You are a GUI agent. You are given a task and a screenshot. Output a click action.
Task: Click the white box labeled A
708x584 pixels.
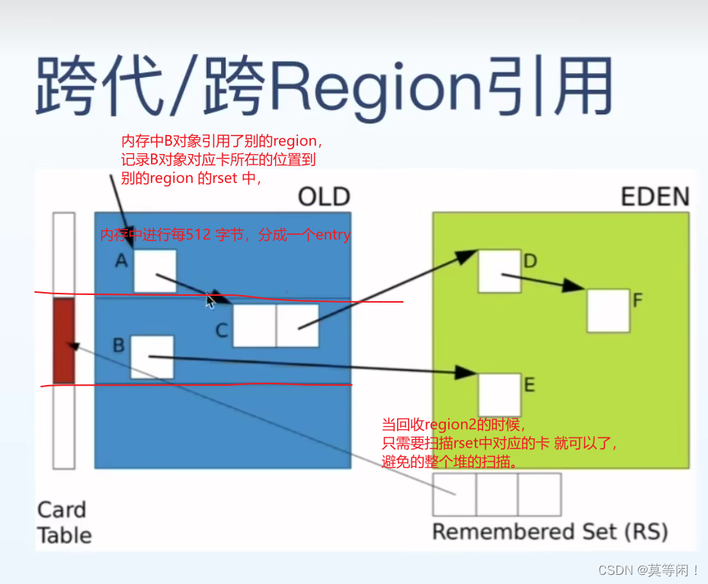(155, 271)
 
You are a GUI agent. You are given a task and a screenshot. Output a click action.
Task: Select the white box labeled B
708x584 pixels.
(152, 357)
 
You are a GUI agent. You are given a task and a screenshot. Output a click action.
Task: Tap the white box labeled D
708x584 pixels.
(499, 271)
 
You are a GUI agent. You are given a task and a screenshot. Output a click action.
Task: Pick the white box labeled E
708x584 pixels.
(499, 394)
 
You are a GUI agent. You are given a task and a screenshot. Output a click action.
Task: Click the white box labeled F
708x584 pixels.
(608, 310)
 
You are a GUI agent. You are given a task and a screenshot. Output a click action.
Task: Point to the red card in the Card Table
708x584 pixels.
(63, 341)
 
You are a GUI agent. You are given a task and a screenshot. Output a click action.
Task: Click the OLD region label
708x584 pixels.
(323, 197)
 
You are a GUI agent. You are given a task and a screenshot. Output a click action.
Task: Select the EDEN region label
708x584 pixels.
(655, 197)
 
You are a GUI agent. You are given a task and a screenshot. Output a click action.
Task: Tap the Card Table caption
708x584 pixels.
(64, 522)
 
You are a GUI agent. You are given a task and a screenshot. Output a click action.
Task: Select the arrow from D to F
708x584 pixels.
(543, 281)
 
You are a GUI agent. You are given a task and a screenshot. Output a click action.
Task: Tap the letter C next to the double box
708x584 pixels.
(221, 330)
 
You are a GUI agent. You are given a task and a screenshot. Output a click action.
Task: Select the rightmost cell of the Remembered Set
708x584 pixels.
(540, 494)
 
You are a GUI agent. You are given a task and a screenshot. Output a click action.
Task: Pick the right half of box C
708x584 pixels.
(297, 326)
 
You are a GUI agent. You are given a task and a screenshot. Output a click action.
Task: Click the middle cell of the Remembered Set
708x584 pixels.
(497, 494)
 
